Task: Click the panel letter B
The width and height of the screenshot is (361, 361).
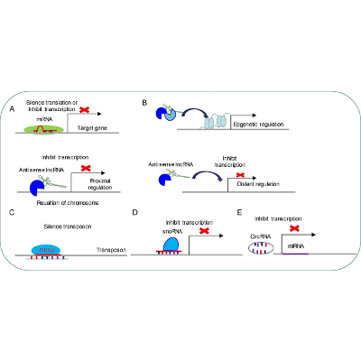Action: (145, 104)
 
